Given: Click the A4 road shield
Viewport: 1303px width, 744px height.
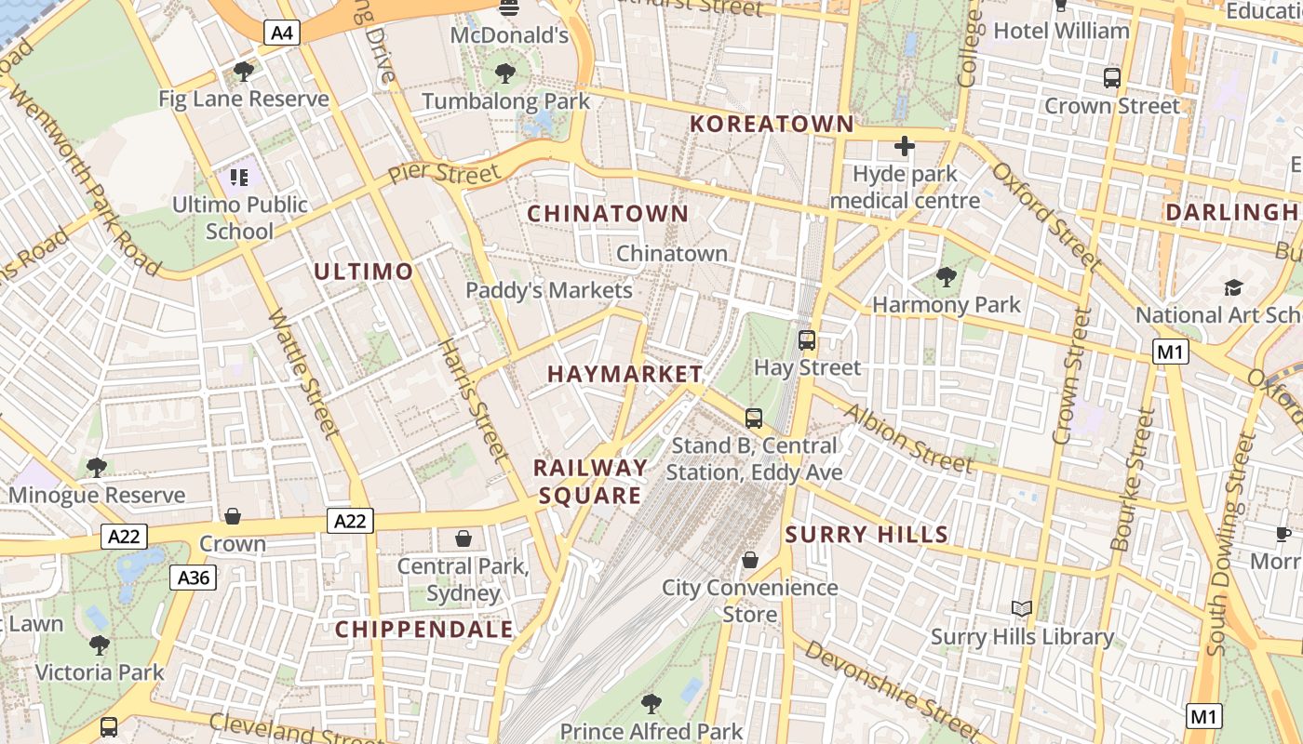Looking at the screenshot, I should tap(282, 33).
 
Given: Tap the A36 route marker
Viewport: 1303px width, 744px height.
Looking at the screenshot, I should tap(194, 578).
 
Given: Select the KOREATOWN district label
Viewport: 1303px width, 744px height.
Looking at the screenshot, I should tap(772, 124).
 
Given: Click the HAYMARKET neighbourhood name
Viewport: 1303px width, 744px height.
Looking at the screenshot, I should tap(625, 374).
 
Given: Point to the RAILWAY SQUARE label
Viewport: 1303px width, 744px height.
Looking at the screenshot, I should tap(590, 481).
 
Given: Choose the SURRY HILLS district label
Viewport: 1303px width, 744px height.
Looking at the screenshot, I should tap(866, 535).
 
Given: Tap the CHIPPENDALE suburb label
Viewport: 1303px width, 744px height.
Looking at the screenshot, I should tap(423, 630).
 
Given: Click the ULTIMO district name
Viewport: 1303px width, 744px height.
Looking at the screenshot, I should tap(363, 272).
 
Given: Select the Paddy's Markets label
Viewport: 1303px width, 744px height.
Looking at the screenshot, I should tap(549, 290).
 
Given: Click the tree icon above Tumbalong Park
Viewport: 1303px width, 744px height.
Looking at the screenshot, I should tap(505, 73).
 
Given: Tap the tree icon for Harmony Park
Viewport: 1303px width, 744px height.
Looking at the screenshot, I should tap(947, 276).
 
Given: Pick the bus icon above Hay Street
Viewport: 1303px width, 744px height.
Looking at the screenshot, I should tap(807, 340).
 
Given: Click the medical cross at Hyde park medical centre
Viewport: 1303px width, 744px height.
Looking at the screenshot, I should tap(904, 146).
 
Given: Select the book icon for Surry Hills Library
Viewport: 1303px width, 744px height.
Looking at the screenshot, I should tap(1022, 608).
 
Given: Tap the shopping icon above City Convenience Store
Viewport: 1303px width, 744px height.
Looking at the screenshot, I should tap(750, 560).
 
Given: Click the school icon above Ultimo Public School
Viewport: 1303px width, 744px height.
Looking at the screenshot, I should tap(239, 176).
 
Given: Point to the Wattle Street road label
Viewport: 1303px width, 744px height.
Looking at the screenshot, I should tap(302, 372).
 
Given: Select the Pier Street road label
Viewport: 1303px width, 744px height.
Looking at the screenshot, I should tap(444, 173).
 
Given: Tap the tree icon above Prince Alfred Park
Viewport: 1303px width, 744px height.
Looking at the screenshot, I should tap(651, 703).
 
